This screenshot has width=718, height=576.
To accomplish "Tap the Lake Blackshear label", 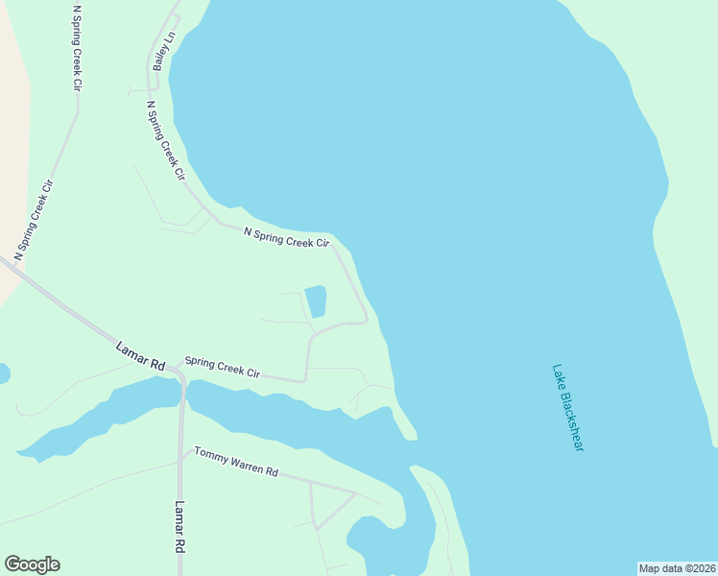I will click(568, 407).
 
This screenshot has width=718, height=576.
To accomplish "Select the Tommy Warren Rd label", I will click(235, 460).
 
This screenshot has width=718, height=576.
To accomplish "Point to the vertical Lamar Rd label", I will click(179, 527).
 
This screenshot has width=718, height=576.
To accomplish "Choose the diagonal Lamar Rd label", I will click(140, 356).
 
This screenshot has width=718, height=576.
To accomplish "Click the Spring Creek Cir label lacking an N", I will click(222, 368).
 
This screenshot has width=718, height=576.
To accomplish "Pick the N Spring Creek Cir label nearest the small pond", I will click(286, 237).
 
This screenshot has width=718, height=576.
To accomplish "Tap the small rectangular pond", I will click(315, 301).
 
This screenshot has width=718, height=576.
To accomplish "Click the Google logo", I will click(32, 564).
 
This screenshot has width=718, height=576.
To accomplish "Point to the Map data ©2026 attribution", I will click(677, 568).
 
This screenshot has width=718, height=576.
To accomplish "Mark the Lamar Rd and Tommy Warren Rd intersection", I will click(181, 459).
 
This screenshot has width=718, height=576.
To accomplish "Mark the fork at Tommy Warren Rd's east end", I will click(356, 493).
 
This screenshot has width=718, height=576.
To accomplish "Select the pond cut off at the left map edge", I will click(3, 372).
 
